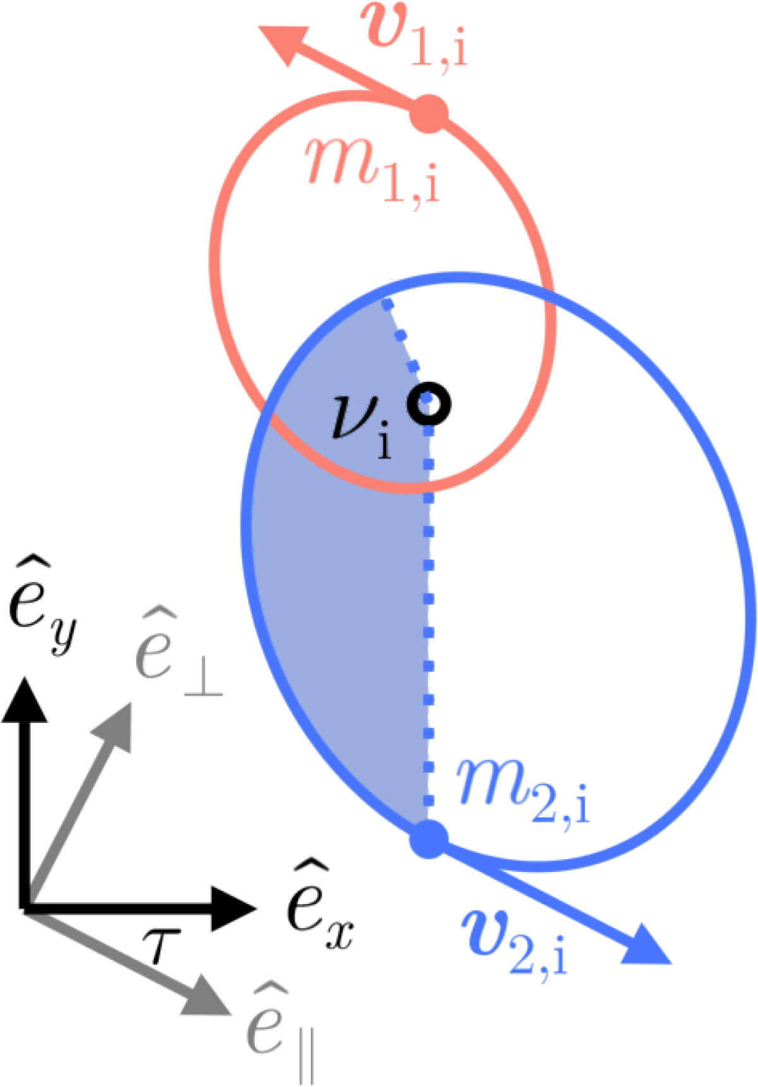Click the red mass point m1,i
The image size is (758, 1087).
pyautogui.click(x=429, y=114)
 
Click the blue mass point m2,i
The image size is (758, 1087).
pyautogui.click(x=429, y=839)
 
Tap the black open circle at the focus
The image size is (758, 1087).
pyautogui.click(x=430, y=404)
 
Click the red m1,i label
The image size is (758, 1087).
pyautogui.click(x=373, y=170)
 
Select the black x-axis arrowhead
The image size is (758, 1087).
pyautogui.click(x=234, y=908)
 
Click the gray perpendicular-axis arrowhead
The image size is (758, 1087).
pyautogui.click(x=114, y=725)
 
